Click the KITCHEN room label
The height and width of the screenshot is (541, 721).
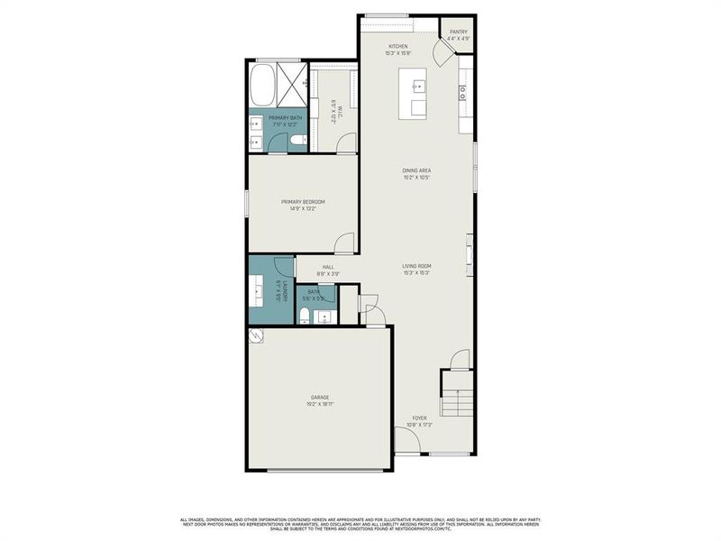398,46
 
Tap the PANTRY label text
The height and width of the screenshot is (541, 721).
459,32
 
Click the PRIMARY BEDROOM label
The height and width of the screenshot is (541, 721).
302,201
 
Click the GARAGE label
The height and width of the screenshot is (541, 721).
320,397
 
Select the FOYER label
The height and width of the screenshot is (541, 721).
420,418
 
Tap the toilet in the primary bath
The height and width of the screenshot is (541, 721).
297,141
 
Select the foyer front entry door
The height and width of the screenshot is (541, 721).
406,442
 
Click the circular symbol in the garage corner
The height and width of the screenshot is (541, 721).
255,336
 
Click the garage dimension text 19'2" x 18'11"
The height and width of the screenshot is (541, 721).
320,404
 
